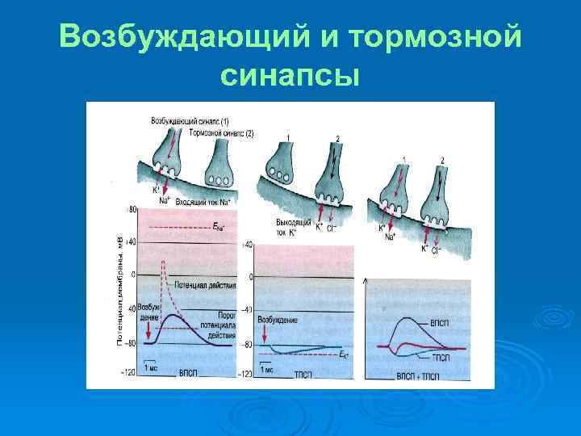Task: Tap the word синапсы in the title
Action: tap(289, 74)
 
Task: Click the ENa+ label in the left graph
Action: tap(218, 227)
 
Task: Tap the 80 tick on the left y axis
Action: tap(131, 209)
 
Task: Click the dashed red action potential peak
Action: tap(165, 262)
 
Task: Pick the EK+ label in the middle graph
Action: tap(343, 354)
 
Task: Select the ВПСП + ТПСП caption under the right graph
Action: tap(418, 376)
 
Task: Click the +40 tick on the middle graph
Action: tap(247, 244)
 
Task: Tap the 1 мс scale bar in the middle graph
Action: tap(265, 368)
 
